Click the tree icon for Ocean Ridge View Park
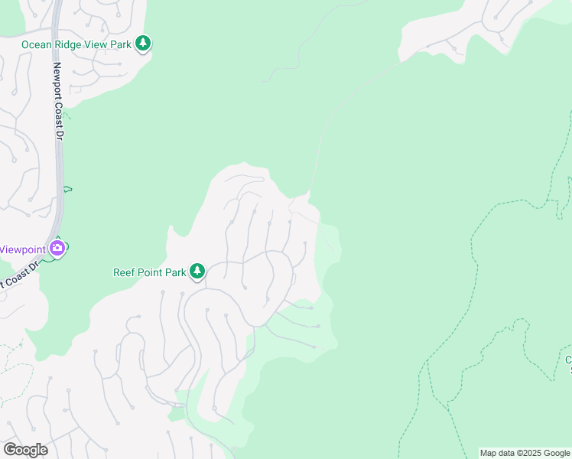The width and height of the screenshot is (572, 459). point(143,44)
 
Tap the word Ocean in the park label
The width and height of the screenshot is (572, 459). point(37,44)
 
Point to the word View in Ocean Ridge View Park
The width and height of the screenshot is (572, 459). point(97,44)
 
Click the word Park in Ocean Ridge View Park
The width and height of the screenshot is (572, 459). point(121,44)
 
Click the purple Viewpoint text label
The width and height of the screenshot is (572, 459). point(21,249)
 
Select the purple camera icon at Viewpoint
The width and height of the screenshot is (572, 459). point(57,249)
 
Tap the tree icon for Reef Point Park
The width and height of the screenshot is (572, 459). point(197,271)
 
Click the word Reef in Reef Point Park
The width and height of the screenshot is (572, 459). point(125,272)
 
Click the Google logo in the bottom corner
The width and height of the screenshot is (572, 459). point(25,450)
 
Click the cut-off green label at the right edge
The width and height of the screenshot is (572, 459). point(567,363)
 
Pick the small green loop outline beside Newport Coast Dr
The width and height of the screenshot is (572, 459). point(68,188)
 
